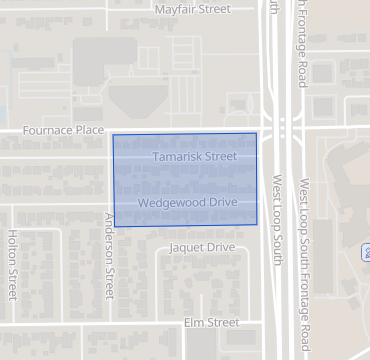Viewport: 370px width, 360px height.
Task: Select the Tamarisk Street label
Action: [195, 157]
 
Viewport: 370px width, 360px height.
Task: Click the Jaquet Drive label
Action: [202, 247]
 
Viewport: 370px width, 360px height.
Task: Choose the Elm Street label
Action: [212, 322]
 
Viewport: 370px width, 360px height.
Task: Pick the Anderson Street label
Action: [110, 255]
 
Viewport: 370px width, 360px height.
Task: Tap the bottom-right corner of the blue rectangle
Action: [257, 225]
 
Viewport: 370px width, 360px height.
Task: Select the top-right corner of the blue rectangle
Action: [257, 133]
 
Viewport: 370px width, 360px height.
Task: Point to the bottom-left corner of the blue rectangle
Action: [115, 227]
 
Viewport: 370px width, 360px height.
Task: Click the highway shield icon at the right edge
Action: [366, 249]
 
